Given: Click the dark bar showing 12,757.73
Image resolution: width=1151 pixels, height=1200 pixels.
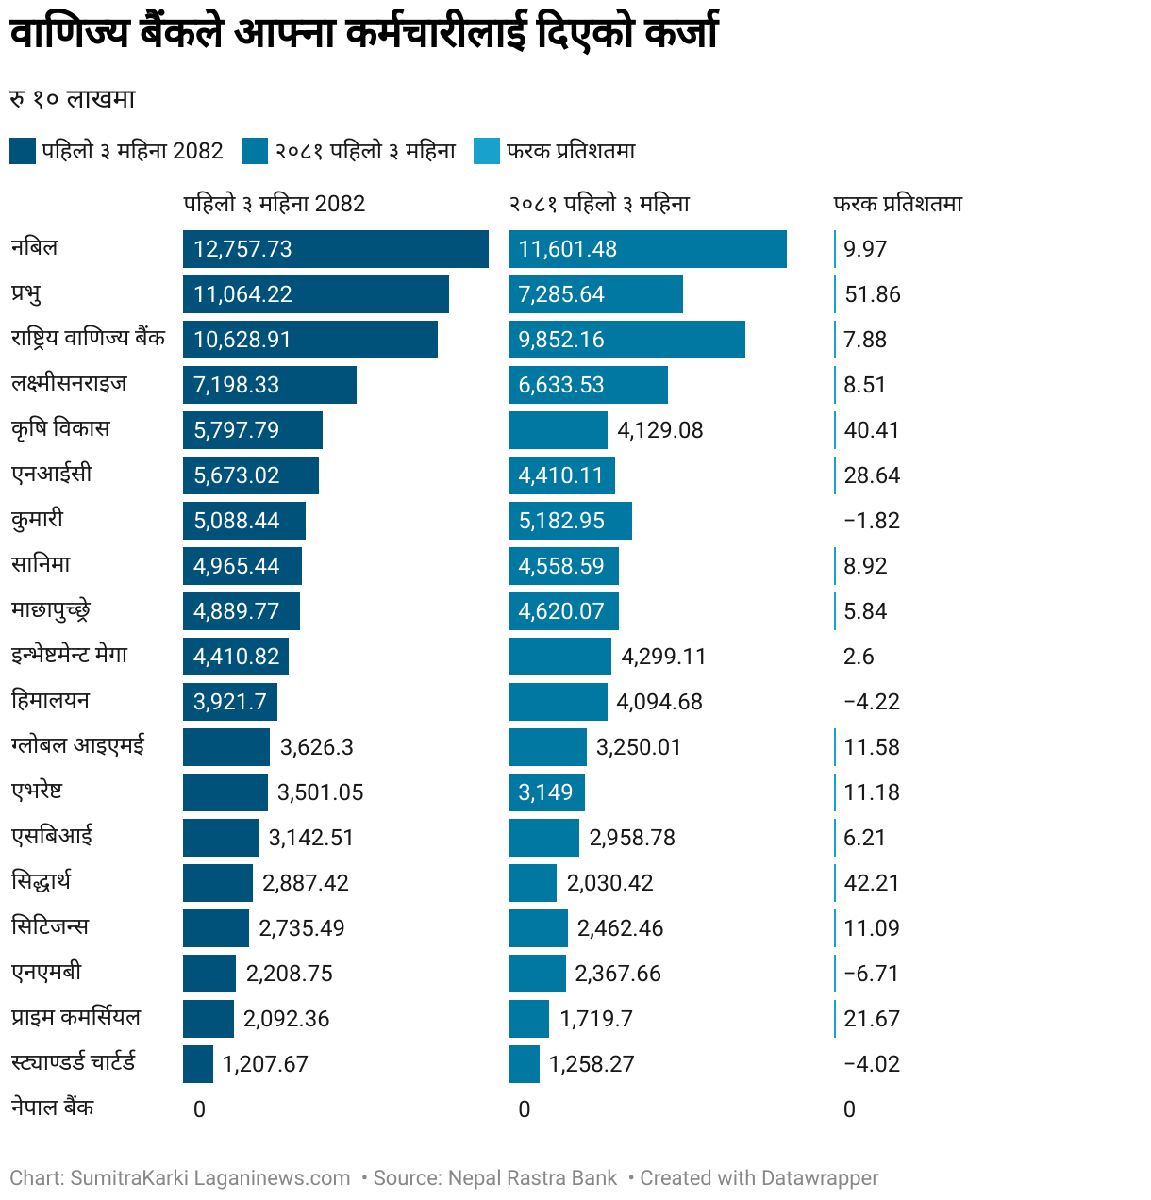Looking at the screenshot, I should coord(335,249).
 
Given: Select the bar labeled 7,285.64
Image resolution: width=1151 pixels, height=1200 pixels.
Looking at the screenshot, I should coord(595,294).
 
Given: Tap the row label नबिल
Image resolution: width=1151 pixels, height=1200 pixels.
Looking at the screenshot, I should coord(35,248).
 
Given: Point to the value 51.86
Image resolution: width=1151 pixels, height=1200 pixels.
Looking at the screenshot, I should coord(872,294).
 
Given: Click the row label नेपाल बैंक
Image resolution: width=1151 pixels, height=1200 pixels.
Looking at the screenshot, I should coord(53,1108).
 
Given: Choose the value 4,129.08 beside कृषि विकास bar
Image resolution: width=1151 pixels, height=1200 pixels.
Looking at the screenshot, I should coord(659,430).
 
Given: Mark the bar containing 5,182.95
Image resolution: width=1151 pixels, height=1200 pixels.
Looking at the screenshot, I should coord(570,521).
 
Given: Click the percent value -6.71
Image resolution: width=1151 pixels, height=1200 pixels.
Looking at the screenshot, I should coord(871,974).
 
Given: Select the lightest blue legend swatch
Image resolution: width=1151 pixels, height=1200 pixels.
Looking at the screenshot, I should coord(486,151).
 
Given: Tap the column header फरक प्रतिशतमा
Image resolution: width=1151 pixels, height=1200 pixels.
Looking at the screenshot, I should coord(897,204).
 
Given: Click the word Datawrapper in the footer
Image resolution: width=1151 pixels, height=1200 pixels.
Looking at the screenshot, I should coord(819,1178).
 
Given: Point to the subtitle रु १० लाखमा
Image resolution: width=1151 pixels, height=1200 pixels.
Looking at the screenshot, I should coord(73,99).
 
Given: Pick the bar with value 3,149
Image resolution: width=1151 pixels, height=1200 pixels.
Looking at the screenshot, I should coord(546,792).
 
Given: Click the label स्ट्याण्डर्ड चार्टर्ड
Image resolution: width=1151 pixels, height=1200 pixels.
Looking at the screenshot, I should coord(74,1062).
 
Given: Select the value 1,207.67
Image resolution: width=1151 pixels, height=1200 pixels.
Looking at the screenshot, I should coord(265,1064).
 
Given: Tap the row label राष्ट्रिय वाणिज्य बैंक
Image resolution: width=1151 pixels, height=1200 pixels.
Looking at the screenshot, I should coord(88,339).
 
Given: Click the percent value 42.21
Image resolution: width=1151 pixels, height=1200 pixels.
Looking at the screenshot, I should coord(871,883).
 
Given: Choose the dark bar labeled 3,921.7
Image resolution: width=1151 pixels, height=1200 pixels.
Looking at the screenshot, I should coord(229,702).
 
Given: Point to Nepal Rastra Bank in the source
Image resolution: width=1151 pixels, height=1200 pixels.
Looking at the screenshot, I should coord(532,1178).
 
